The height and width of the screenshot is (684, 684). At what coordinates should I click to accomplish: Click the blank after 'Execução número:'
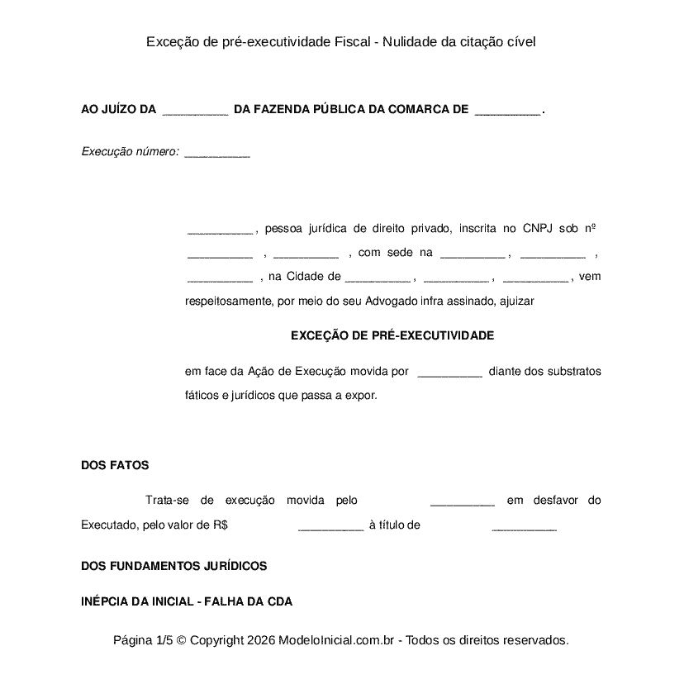pos(217,152)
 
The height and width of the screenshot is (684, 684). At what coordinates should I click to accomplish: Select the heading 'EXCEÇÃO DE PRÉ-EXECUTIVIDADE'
pos(392,335)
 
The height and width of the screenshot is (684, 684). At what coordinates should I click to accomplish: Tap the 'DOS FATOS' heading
pos(115,465)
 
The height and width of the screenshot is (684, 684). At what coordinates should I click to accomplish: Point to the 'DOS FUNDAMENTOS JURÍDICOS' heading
pos(173,566)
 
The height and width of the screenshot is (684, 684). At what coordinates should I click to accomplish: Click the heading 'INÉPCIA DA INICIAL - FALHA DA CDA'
pos(186,601)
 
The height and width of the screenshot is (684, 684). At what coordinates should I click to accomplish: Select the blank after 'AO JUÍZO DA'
pos(195,109)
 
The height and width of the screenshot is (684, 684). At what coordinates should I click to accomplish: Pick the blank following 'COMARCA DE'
pos(508,109)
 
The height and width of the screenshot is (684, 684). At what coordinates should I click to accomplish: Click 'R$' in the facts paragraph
pos(220,525)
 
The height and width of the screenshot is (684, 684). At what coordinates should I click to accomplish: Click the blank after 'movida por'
pos(449,372)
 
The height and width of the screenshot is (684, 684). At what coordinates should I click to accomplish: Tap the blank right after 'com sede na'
pos(472,253)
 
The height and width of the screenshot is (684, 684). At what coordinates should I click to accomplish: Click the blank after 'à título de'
pos(524,525)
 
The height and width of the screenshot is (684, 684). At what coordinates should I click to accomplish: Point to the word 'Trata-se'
pos(168,500)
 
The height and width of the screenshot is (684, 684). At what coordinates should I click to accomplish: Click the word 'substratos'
pos(575,371)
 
